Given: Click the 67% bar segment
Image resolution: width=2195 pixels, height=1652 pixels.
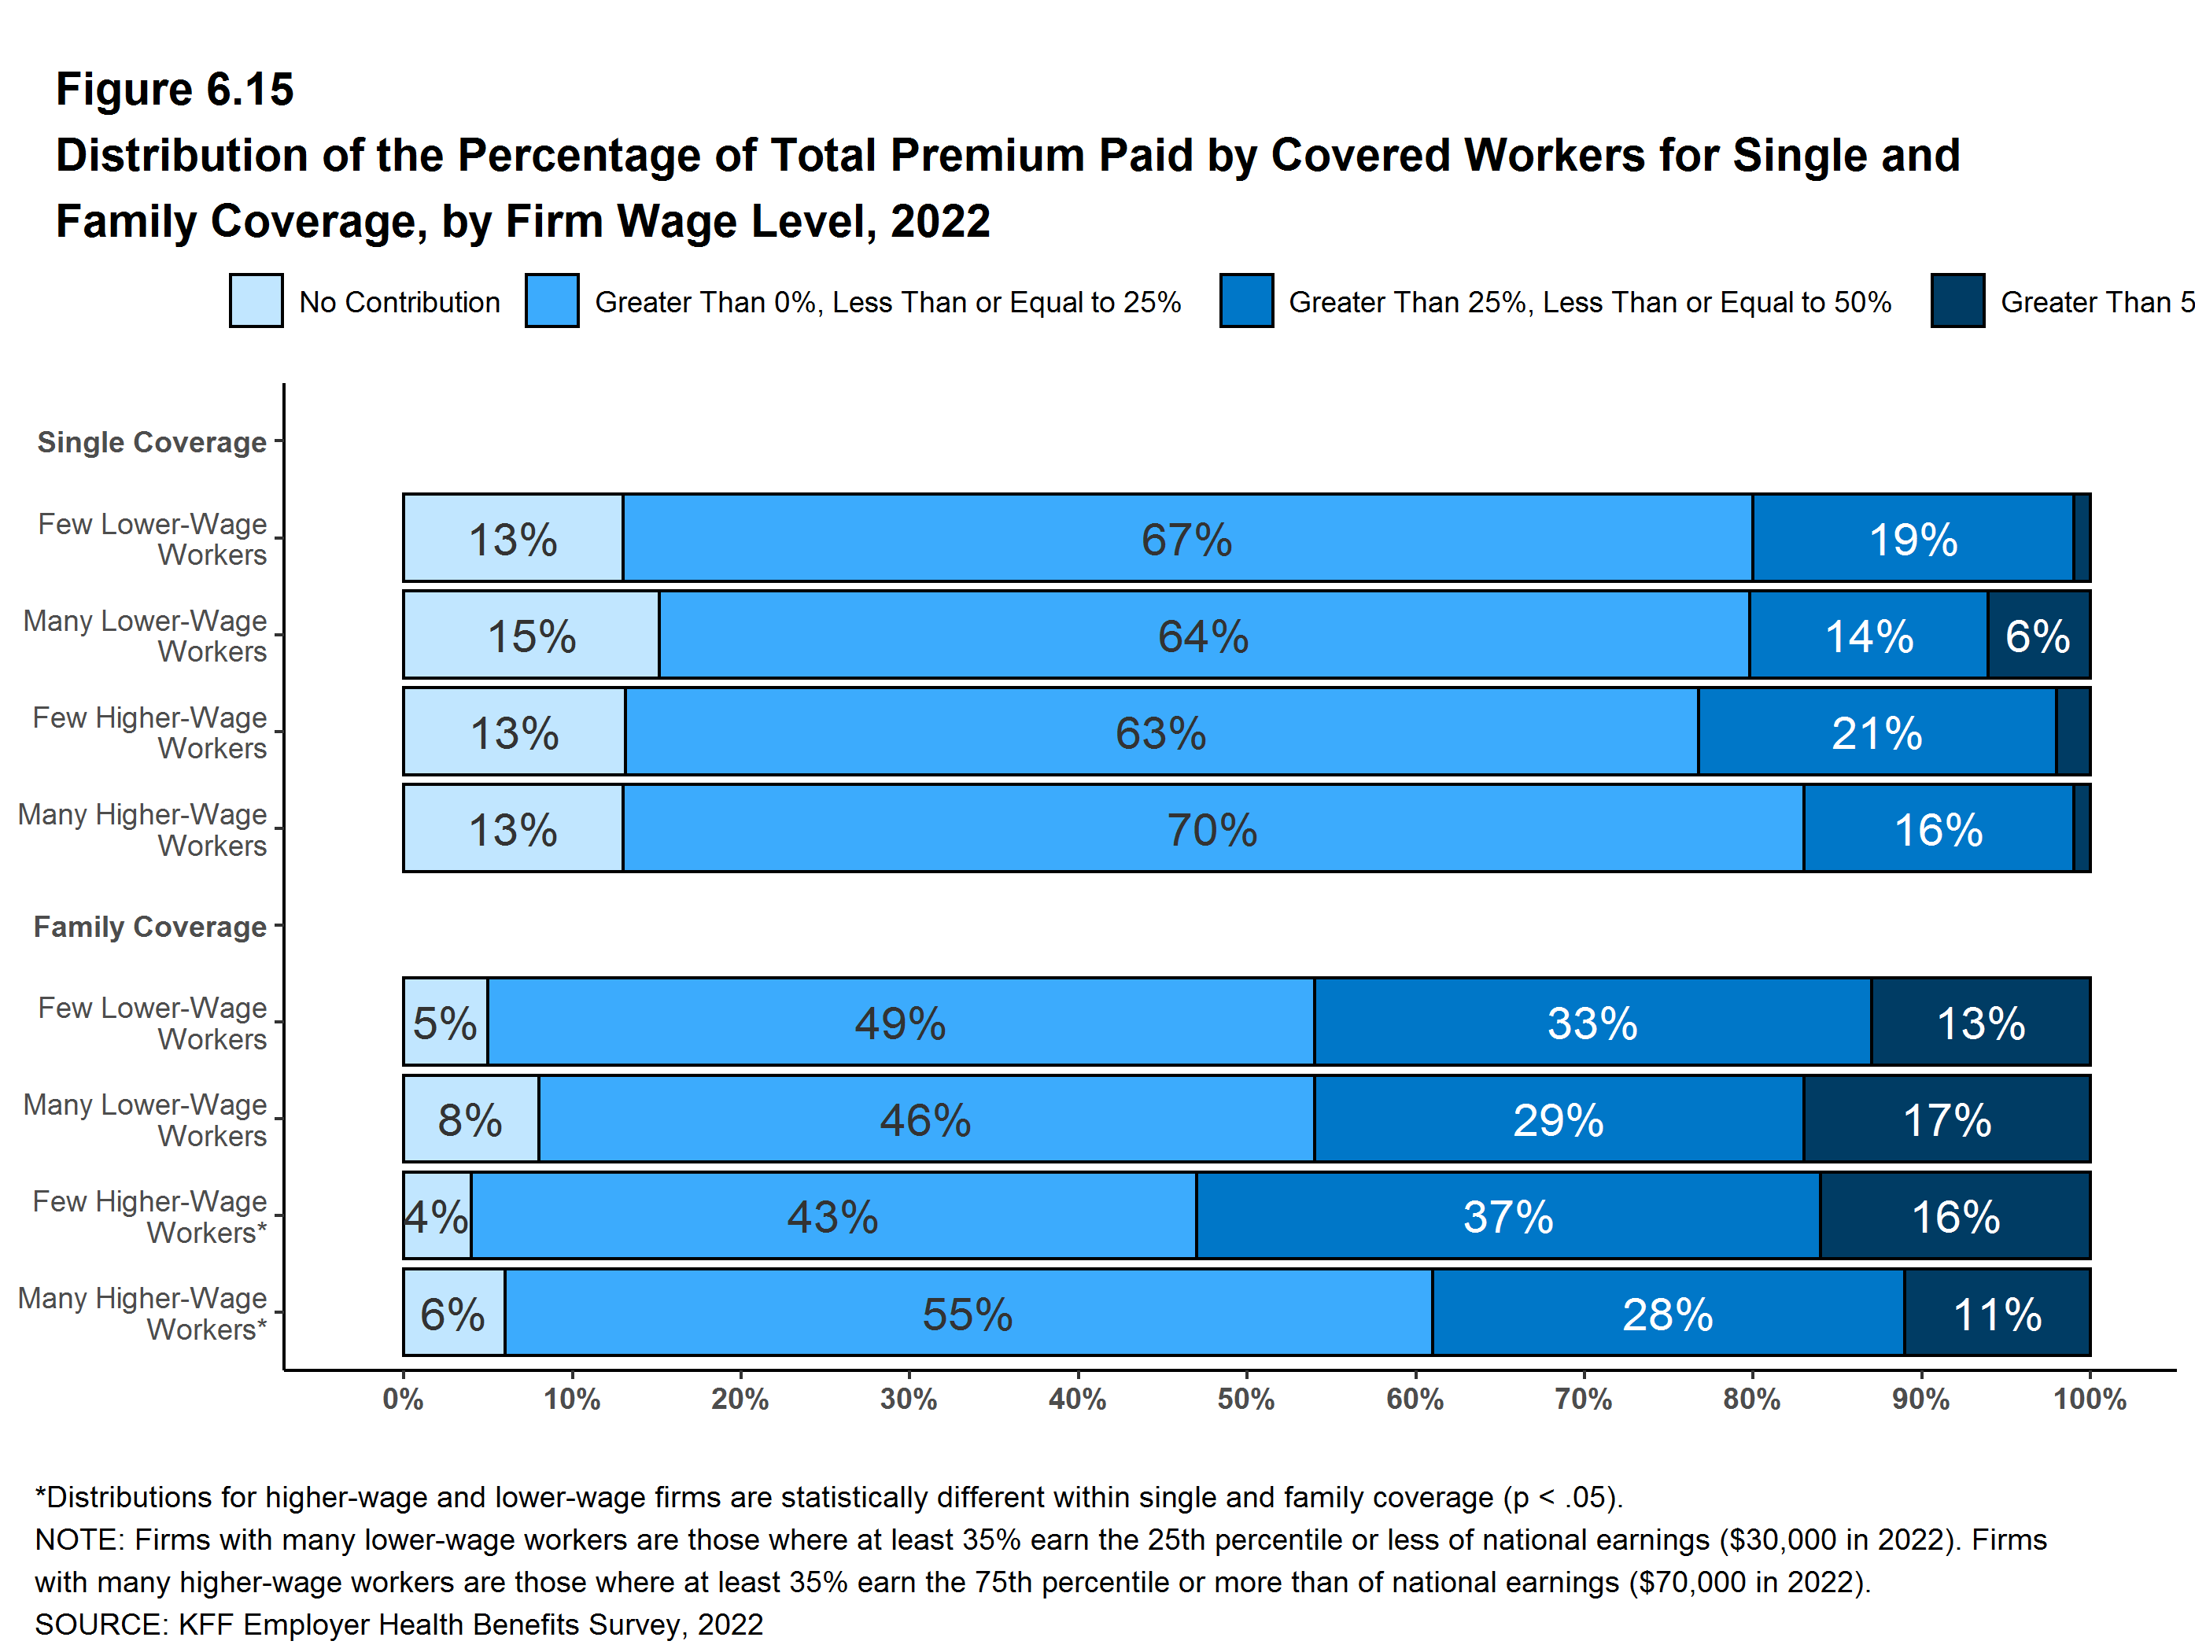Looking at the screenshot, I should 1187,538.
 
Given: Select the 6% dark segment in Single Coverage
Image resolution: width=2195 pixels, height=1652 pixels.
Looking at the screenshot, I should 2038,635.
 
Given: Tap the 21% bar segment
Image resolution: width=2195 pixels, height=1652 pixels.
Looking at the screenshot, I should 1876,732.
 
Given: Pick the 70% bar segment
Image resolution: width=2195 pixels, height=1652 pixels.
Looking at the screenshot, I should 1212,828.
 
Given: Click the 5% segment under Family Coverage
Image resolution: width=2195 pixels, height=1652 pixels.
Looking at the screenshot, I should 445,1022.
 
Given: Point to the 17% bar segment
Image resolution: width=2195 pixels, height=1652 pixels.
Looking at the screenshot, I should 1946,1119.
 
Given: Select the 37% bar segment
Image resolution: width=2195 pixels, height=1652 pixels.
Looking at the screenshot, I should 1507,1215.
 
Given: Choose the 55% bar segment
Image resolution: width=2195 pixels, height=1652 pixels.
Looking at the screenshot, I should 968,1313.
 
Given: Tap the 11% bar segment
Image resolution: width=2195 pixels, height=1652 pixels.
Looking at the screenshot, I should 1997,1313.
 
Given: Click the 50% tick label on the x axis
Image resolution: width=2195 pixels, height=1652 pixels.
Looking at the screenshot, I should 1245,1400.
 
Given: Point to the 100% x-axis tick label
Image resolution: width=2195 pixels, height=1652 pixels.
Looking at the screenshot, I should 2089,1400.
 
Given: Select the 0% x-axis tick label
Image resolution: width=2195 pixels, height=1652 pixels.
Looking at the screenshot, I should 403,1400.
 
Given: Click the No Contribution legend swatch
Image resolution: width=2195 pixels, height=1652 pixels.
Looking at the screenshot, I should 256,301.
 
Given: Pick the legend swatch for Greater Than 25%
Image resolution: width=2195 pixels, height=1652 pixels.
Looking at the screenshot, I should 1246,301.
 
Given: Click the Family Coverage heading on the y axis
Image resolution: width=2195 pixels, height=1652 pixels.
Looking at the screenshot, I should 149,927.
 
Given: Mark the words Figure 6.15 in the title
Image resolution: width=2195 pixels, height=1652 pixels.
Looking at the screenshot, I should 175,90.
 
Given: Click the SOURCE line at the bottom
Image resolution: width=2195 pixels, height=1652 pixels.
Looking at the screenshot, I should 399,1624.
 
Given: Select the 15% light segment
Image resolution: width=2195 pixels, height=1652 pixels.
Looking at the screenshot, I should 531,635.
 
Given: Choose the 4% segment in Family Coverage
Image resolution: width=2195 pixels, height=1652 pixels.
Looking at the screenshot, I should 437,1215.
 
